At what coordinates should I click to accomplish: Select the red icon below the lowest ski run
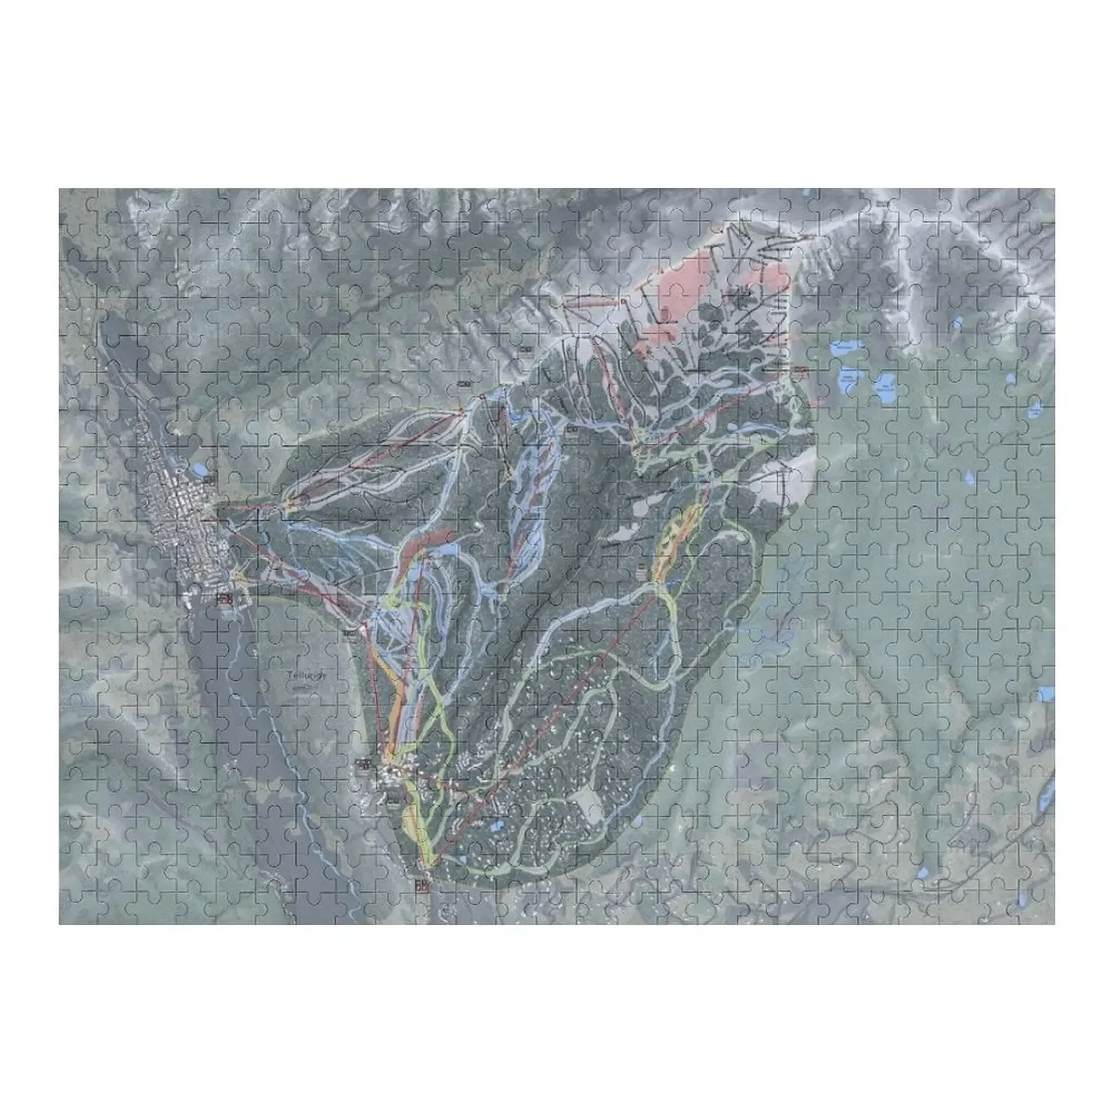[422, 886]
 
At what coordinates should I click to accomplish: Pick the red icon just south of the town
[225, 598]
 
